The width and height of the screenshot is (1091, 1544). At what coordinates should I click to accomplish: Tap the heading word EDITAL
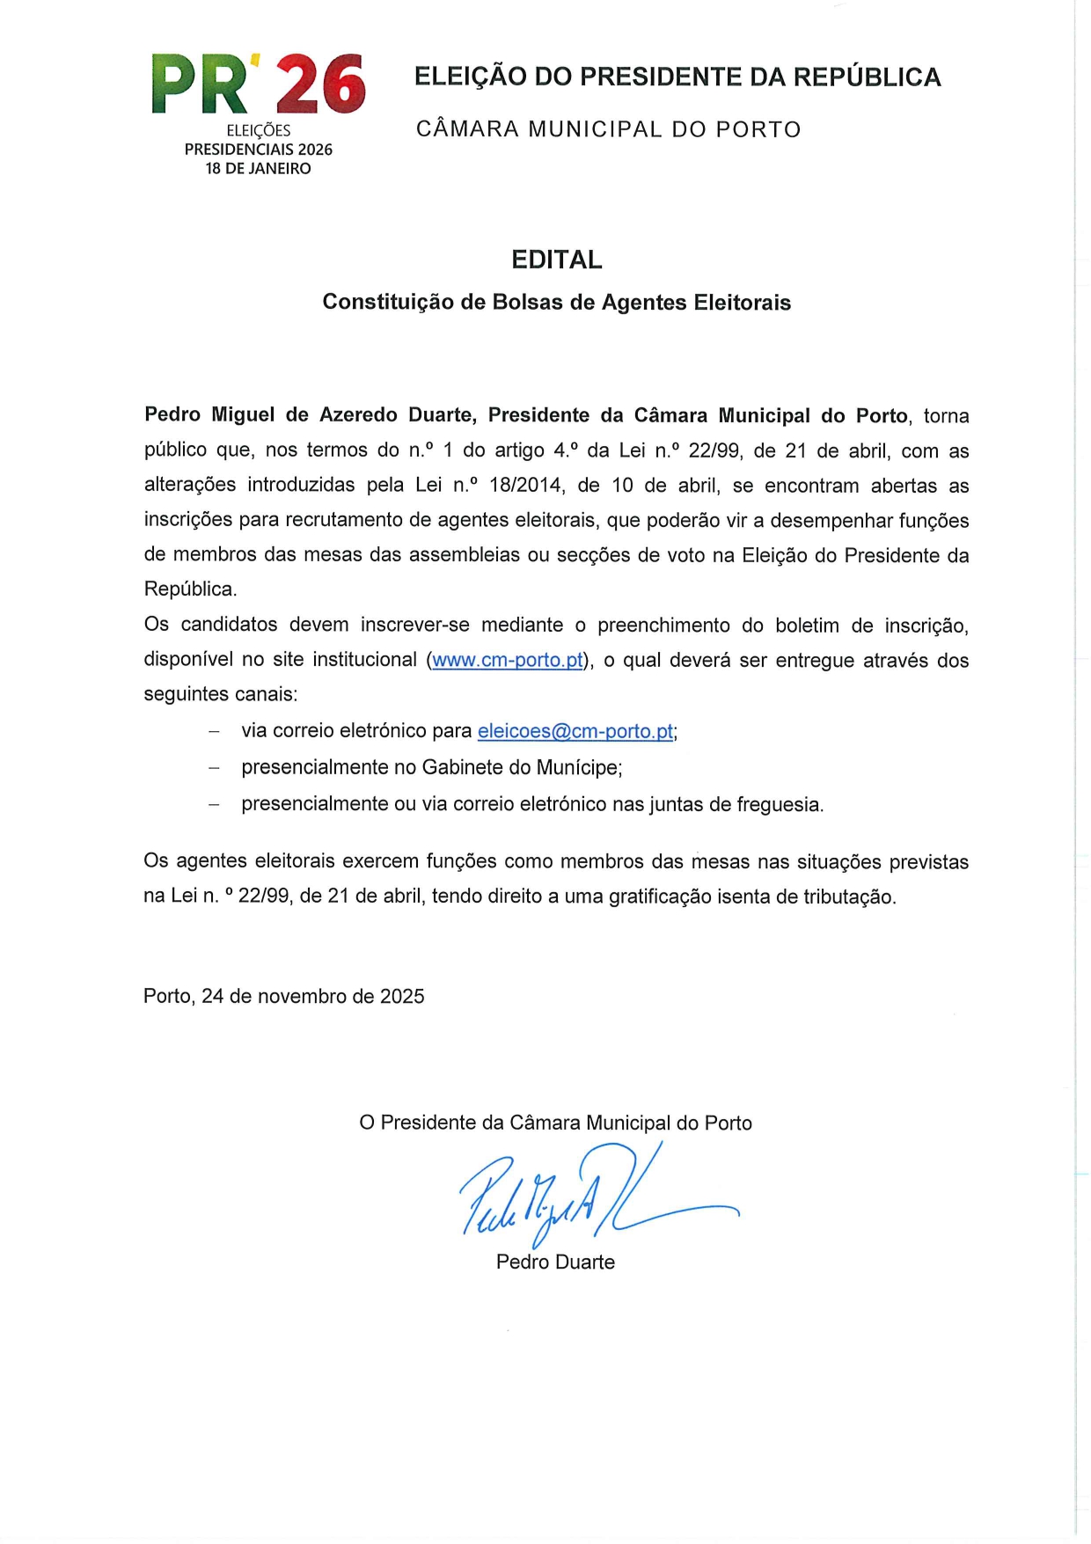pos(557,260)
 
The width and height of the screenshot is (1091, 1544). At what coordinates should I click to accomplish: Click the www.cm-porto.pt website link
pos(508,660)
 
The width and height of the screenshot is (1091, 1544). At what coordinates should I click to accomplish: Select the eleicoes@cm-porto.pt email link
pos(575,731)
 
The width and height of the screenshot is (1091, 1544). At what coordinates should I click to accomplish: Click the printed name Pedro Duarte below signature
pos(555,1262)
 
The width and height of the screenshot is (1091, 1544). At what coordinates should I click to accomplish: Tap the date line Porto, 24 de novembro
pos(283,996)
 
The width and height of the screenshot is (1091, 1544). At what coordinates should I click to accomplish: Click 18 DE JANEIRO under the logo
pos(258,169)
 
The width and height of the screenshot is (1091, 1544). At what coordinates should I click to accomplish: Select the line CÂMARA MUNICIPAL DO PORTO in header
pos(608,129)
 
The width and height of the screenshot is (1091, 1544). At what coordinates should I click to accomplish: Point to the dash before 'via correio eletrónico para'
pos(214,731)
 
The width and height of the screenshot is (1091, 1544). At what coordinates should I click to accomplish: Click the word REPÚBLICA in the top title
pos(867,77)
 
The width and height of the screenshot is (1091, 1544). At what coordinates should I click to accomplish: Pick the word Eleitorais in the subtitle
pos(742,302)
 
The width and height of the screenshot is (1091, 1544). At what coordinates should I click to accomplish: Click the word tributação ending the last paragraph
pos(848,896)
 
